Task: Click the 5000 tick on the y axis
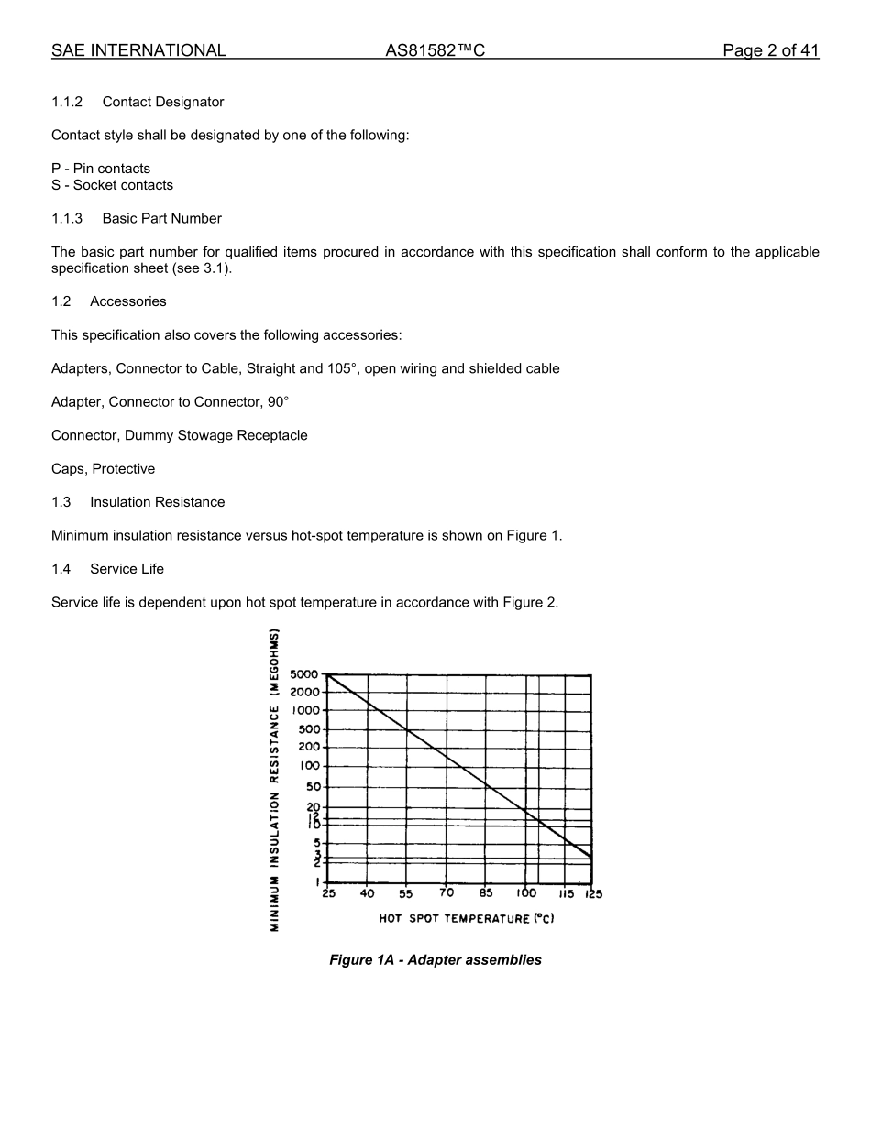pyautogui.click(x=304, y=674)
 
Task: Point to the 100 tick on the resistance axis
pyautogui.click(x=310, y=766)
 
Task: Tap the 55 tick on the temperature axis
pyautogui.click(x=405, y=894)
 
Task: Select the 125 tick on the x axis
pyautogui.click(x=593, y=894)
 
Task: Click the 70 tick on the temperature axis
pyautogui.click(x=447, y=893)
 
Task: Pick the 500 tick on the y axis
pyautogui.click(x=309, y=729)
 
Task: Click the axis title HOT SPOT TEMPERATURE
pyautogui.click(x=467, y=918)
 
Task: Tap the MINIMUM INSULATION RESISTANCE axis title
pyautogui.click(x=274, y=780)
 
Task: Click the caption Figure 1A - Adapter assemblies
pyautogui.click(x=435, y=960)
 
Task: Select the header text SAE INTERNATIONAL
pyautogui.click(x=138, y=51)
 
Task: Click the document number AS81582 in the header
pyautogui.click(x=435, y=51)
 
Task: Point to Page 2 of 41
pyautogui.click(x=770, y=51)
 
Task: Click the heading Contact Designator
pyautogui.click(x=163, y=102)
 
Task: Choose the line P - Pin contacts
pyautogui.click(x=101, y=169)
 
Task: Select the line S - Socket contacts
pyautogui.click(x=112, y=185)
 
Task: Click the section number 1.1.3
pyautogui.click(x=67, y=218)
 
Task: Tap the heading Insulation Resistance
pyautogui.click(x=157, y=502)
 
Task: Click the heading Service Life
pyautogui.click(x=127, y=569)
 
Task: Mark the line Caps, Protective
pyautogui.click(x=103, y=469)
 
